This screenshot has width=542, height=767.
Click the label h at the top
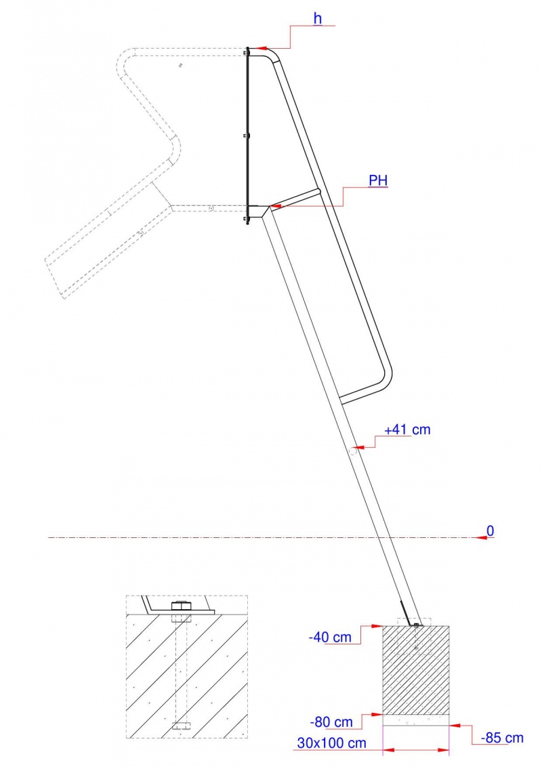click(x=318, y=18)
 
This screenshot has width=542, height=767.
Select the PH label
click(x=378, y=180)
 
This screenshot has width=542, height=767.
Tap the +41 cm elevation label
click(x=407, y=430)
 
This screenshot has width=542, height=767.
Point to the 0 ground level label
click(x=490, y=531)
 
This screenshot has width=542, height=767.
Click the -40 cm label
click(x=330, y=638)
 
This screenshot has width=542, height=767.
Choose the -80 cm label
click(x=331, y=722)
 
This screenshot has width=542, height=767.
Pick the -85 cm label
click(x=503, y=738)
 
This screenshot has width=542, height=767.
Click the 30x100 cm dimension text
click(x=332, y=743)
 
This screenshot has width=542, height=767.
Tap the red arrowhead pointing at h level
click(x=260, y=48)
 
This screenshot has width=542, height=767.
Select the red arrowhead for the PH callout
click(x=275, y=207)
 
